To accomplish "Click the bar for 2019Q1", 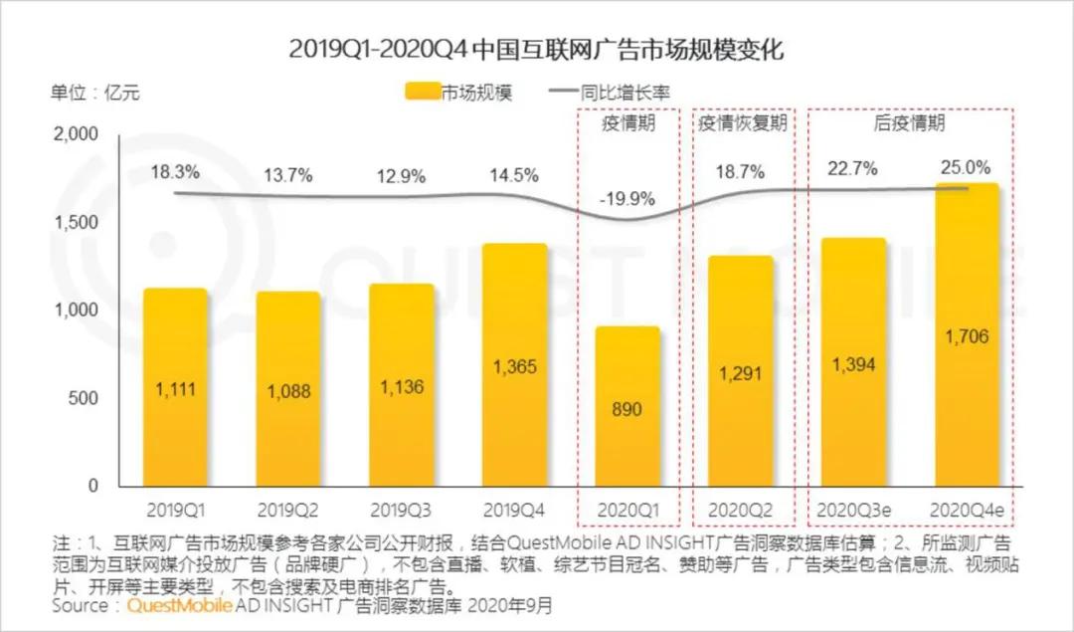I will point(175,388).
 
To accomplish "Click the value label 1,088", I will point(288,391).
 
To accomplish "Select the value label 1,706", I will point(968,337).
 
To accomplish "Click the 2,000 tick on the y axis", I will point(77,134).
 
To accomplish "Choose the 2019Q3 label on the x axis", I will point(401,511).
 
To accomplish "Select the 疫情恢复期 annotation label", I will point(742,123).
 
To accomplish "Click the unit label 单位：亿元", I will point(95,94).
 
